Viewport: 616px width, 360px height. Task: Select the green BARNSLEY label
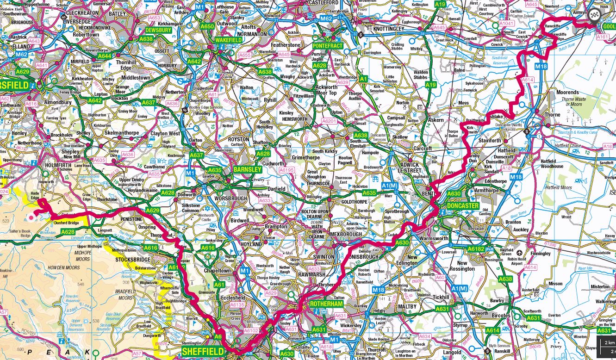tap(248, 169)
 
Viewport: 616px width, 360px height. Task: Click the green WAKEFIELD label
tap(229, 40)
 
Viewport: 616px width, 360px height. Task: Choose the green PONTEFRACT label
tap(327, 46)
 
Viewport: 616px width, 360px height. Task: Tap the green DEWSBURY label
tap(158, 30)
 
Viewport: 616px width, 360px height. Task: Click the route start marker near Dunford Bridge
tap(31, 216)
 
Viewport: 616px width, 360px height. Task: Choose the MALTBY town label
tap(407, 306)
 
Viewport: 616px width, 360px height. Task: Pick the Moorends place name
tap(567, 92)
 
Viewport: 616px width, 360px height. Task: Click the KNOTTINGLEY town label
tap(384, 28)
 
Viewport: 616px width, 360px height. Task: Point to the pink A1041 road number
tap(507, 23)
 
